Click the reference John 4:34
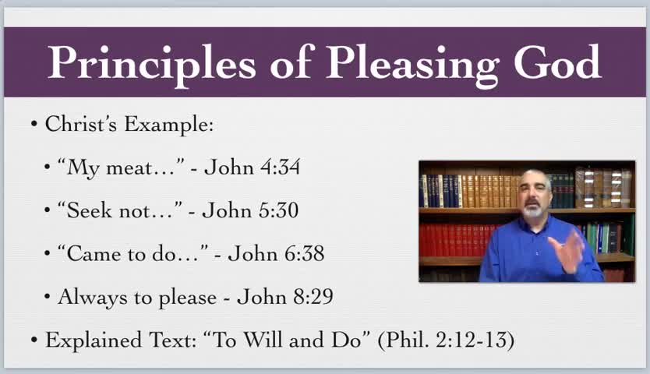point(252,168)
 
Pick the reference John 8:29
point(284,296)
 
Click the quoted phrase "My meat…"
point(121,168)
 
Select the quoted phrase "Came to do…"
point(132,253)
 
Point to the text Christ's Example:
point(129,124)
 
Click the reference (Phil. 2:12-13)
point(446,340)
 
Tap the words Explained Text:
point(119,340)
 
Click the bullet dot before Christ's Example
point(34,125)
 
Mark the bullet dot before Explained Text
point(34,340)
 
